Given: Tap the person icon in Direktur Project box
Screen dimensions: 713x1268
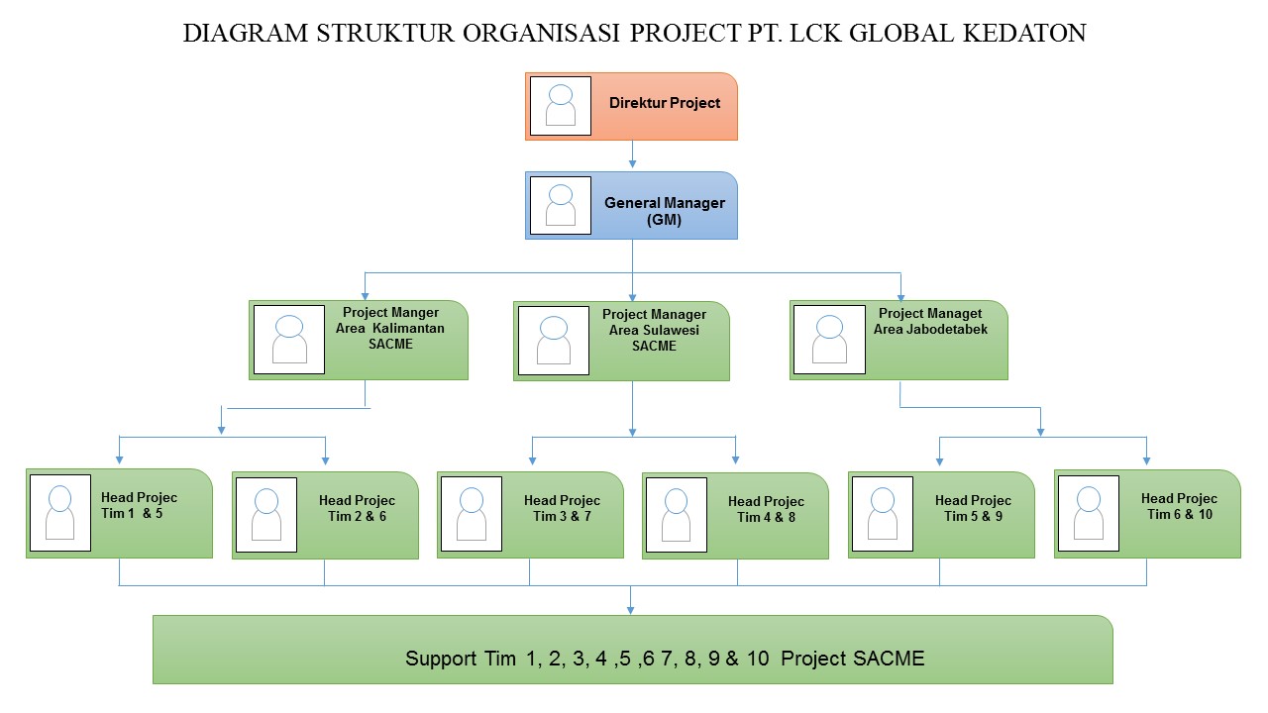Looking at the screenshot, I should [x=561, y=106].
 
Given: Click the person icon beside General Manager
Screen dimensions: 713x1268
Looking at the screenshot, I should [x=561, y=206].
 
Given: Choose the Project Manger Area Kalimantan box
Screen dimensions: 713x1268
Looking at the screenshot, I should [x=359, y=340].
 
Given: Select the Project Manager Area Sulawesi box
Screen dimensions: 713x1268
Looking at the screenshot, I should [x=622, y=341].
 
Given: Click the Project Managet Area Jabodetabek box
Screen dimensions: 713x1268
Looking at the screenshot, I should [x=898, y=340].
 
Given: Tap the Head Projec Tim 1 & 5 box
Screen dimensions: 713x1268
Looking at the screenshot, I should [x=119, y=513].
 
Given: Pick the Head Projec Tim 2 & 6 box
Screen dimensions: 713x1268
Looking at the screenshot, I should [x=325, y=515].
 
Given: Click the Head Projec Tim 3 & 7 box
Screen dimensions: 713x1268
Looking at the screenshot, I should [x=530, y=515].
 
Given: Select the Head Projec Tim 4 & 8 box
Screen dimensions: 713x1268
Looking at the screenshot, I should [x=735, y=516].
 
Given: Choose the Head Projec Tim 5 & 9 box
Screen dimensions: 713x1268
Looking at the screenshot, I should [x=941, y=515].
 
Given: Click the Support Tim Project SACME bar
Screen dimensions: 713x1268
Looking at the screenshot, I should [x=632, y=650].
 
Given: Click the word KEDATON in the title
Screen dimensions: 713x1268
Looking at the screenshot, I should [x=1024, y=34].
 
